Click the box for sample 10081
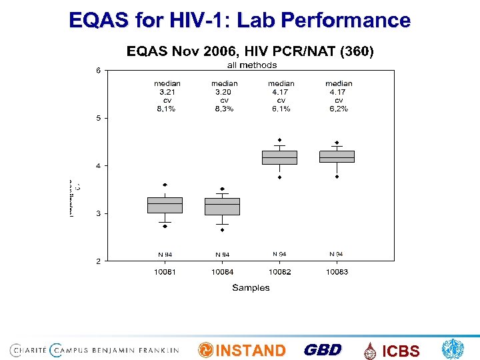(165, 205)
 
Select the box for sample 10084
(222, 206)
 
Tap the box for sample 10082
(279, 157)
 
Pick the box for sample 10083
(337, 156)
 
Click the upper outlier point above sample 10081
(165, 185)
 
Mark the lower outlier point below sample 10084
(222, 230)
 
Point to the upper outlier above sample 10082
(279, 140)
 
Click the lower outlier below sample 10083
(337, 177)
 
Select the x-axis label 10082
(279, 272)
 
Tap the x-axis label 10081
(165, 272)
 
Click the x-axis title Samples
(251, 288)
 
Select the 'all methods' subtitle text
(252, 65)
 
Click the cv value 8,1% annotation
(167, 109)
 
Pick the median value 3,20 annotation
(224, 92)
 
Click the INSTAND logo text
(251, 351)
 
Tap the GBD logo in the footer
(323, 350)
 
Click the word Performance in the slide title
(347, 20)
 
